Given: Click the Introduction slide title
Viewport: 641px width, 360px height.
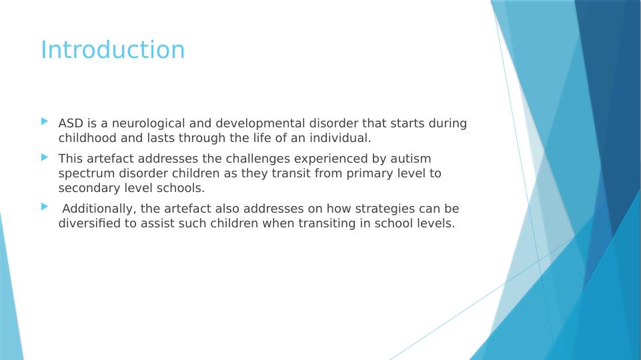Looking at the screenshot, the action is (113, 50).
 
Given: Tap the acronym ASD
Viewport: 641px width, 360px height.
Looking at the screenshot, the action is (71, 123).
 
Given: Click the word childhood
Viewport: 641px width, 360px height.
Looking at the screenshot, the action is (87, 138).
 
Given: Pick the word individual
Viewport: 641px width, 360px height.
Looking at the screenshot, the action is (340, 138).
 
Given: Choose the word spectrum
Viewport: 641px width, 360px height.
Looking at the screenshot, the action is (87, 174).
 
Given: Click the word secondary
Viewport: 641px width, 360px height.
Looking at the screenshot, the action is (89, 189).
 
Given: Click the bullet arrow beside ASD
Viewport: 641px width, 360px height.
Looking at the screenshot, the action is (45, 121).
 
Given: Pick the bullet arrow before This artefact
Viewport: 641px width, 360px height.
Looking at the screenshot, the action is (45, 157).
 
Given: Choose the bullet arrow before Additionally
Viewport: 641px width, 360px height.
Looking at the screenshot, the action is (45, 207).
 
